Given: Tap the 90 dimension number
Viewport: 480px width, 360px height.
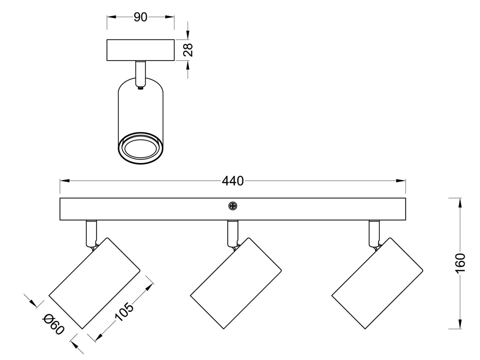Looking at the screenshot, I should point(140,18).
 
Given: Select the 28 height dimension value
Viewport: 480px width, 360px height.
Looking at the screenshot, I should point(188,50).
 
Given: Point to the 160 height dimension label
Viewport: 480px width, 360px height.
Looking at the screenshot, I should point(460,262).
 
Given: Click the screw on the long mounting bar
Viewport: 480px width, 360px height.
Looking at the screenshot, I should point(232,206).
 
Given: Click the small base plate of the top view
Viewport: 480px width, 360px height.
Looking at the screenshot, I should point(140,50).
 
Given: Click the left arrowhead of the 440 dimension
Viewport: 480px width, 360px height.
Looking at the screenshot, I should point(65,181).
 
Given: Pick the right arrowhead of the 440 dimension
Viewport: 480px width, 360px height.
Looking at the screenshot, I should point(401,181).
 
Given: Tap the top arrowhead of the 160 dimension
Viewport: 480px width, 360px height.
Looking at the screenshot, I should point(460,202).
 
